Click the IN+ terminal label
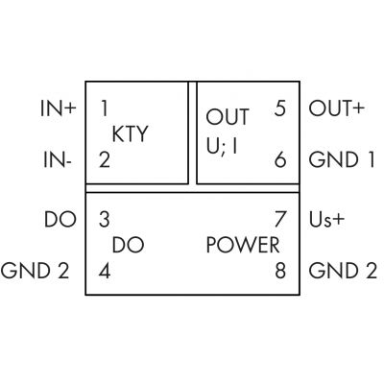click(x=59, y=108)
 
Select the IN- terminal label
click(x=58, y=159)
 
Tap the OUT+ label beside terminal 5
click(x=336, y=108)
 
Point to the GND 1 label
click(x=342, y=159)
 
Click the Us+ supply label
click(x=326, y=220)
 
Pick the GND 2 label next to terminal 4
click(x=35, y=271)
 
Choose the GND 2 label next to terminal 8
click(x=343, y=271)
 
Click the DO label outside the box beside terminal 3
click(x=60, y=220)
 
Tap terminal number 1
click(x=104, y=108)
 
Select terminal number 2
click(x=105, y=159)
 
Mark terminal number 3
click(x=105, y=220)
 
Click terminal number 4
click(x=105, y=271)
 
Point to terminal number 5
click(x=280, y=108)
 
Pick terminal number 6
click(x=280, y=159)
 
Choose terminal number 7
click(x=280, y=220)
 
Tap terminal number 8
click(x=280, y=271)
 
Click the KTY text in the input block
click(x=130, y=134)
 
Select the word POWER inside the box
click(x=243, y=245)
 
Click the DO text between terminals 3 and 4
click(x=128, y=245)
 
